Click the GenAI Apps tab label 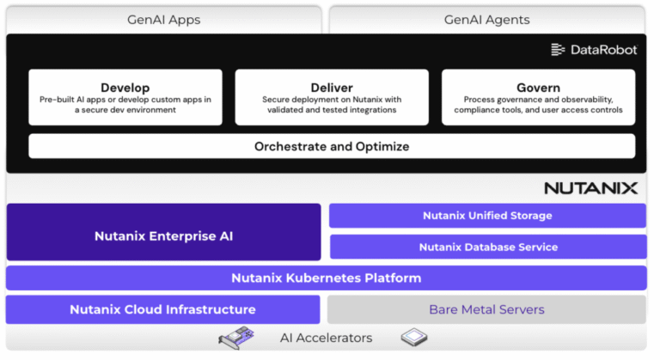pyautogui.click(x=163, y=19)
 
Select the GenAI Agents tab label pyautogui.click(x=486, y=19)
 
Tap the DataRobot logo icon pyautogui.click(x=559, y=50)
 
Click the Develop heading pyautogui.click(x=125, y=88)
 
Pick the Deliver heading pyautogui.click(x=332, y=88)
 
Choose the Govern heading pyautogui.click(x=538, y=88)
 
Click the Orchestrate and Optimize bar pyautogui.click(x=332, y=147)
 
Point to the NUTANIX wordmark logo pyautogui.click(x=590, y=188)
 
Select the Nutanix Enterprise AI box pyautogui.click(x=163, y=236)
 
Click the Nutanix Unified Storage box pyautogui.click(x=487, y=216)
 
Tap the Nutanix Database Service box pyautogui.click(x=487, y=247)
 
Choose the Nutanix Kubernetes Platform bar pyautogui.click(x=326, y=278)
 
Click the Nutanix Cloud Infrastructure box pyautogui.click(x=162, y=309)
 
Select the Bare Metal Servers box pyautogui.click(x=486, y=309)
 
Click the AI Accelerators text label pyautogui.click(x=326, y=338)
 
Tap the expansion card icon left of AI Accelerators pyautogui.click(x=242, y=339)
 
